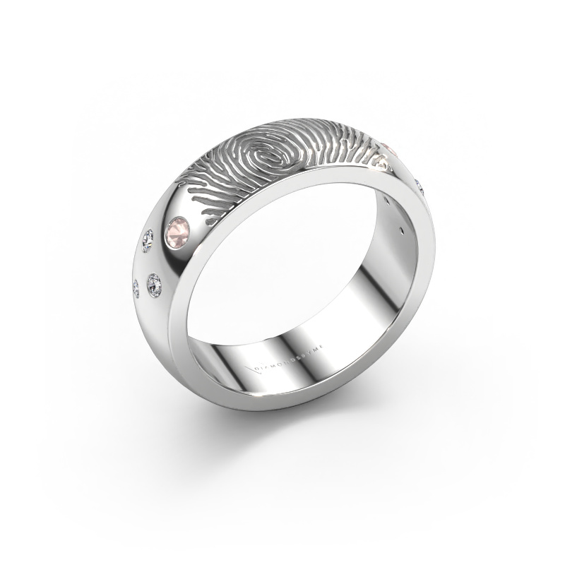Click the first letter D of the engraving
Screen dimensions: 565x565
[256, 368]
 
